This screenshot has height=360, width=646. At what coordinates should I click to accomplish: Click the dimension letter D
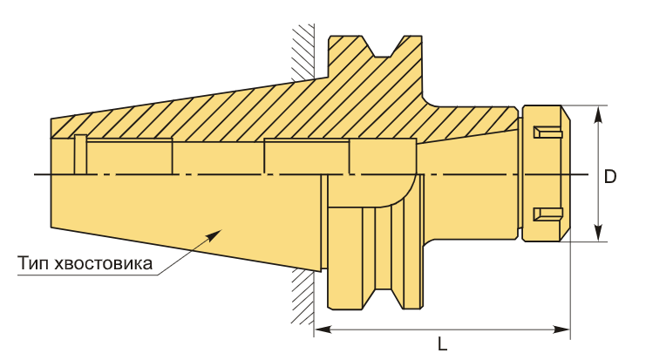(610, 177)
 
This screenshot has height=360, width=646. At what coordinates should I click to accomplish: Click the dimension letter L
(443, 343)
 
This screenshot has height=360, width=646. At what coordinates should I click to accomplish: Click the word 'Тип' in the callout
(33, 262)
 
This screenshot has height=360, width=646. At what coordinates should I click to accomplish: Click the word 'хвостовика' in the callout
(103, 263)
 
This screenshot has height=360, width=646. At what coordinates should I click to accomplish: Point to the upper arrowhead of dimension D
(599, 115)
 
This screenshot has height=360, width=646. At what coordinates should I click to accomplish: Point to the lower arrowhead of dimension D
(599, 232)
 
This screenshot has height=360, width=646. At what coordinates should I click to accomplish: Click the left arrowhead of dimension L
(323, 329)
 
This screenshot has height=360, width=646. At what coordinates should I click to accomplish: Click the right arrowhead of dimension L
(561, 329)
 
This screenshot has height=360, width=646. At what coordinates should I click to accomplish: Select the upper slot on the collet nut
(548, 132)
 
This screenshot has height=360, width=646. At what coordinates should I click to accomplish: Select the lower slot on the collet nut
(548, 214)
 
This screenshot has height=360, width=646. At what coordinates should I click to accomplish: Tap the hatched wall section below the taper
(303, 296)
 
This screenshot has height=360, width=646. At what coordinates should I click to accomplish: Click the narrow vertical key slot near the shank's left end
(81, 154)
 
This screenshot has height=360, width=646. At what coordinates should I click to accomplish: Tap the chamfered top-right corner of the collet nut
(566, 113)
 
